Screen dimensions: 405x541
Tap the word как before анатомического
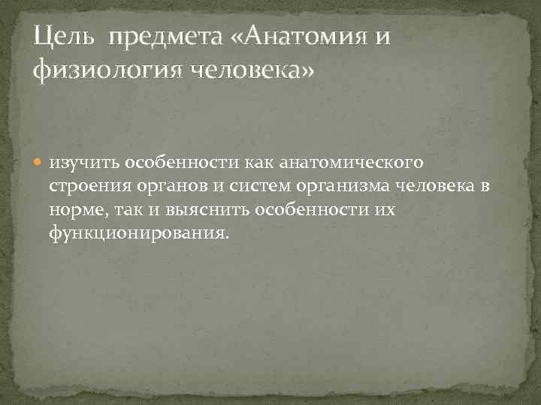[257, 163]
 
